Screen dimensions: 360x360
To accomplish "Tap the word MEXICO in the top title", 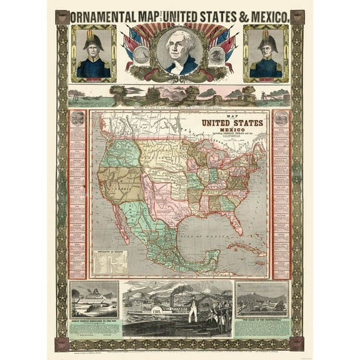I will tap(266, 16).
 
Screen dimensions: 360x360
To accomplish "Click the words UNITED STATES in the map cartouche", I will tap(232, 123).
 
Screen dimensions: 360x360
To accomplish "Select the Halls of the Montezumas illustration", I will tap(262, 299).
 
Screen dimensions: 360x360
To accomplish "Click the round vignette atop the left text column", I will tap(77, 117).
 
